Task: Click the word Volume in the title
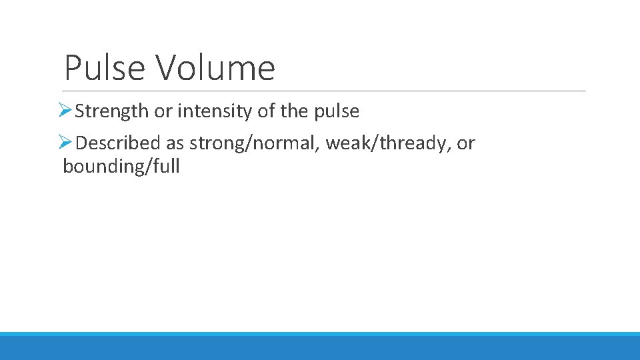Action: tap(215, 67)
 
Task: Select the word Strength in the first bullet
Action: tap(112, 111)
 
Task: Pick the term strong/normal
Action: tap(255, 143)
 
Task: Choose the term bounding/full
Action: tap(121, 167)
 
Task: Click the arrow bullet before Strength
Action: tap(65, 111)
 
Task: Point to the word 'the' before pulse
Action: tap(293, 111)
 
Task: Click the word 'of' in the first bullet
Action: tap(266, 111)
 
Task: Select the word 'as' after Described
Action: tap(175, 143)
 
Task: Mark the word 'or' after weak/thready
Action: tap(466, 143)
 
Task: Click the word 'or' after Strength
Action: tap(163, 112)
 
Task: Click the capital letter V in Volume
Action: tap(165, 67)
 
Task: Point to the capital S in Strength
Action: tap(79, 111)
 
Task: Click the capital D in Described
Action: tap(81, 143)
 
